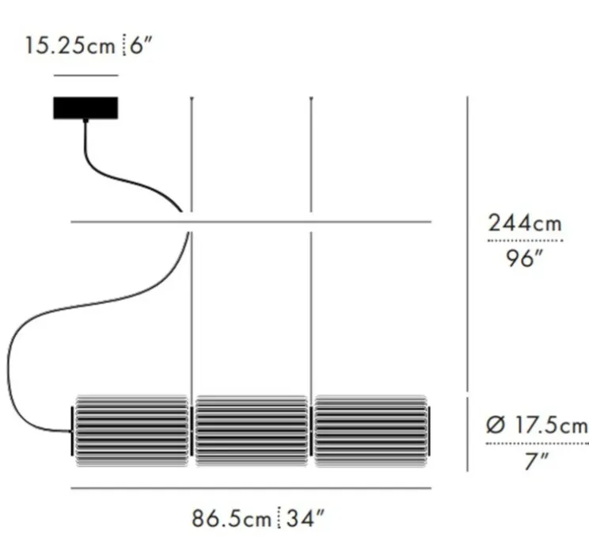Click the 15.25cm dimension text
coord(70,44)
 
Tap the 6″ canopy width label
coord(140,44)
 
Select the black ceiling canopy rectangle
coord(85,108)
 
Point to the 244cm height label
coord(524,224)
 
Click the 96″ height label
coord(524,258)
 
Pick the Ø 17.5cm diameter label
coord(536,425)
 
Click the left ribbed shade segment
coord(132,430)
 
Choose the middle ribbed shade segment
coord(251,430)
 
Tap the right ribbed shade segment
coord(370,430)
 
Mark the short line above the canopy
coord(85,76)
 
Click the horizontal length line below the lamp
coord(251,489)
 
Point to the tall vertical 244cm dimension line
coord(469,238)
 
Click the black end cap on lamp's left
coord(74,431)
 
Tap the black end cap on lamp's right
coord(430,431)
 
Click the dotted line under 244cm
coord(524,241)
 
